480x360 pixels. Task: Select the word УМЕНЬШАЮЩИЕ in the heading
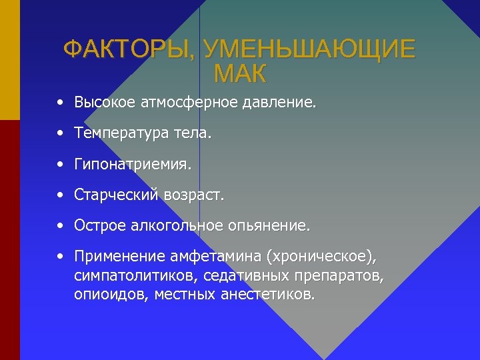click(x=309, y=49)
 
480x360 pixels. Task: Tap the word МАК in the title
click(x=240, y=73)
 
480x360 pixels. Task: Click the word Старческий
click(x=117, y=196)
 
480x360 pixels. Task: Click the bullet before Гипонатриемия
click(x=61, y=163)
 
